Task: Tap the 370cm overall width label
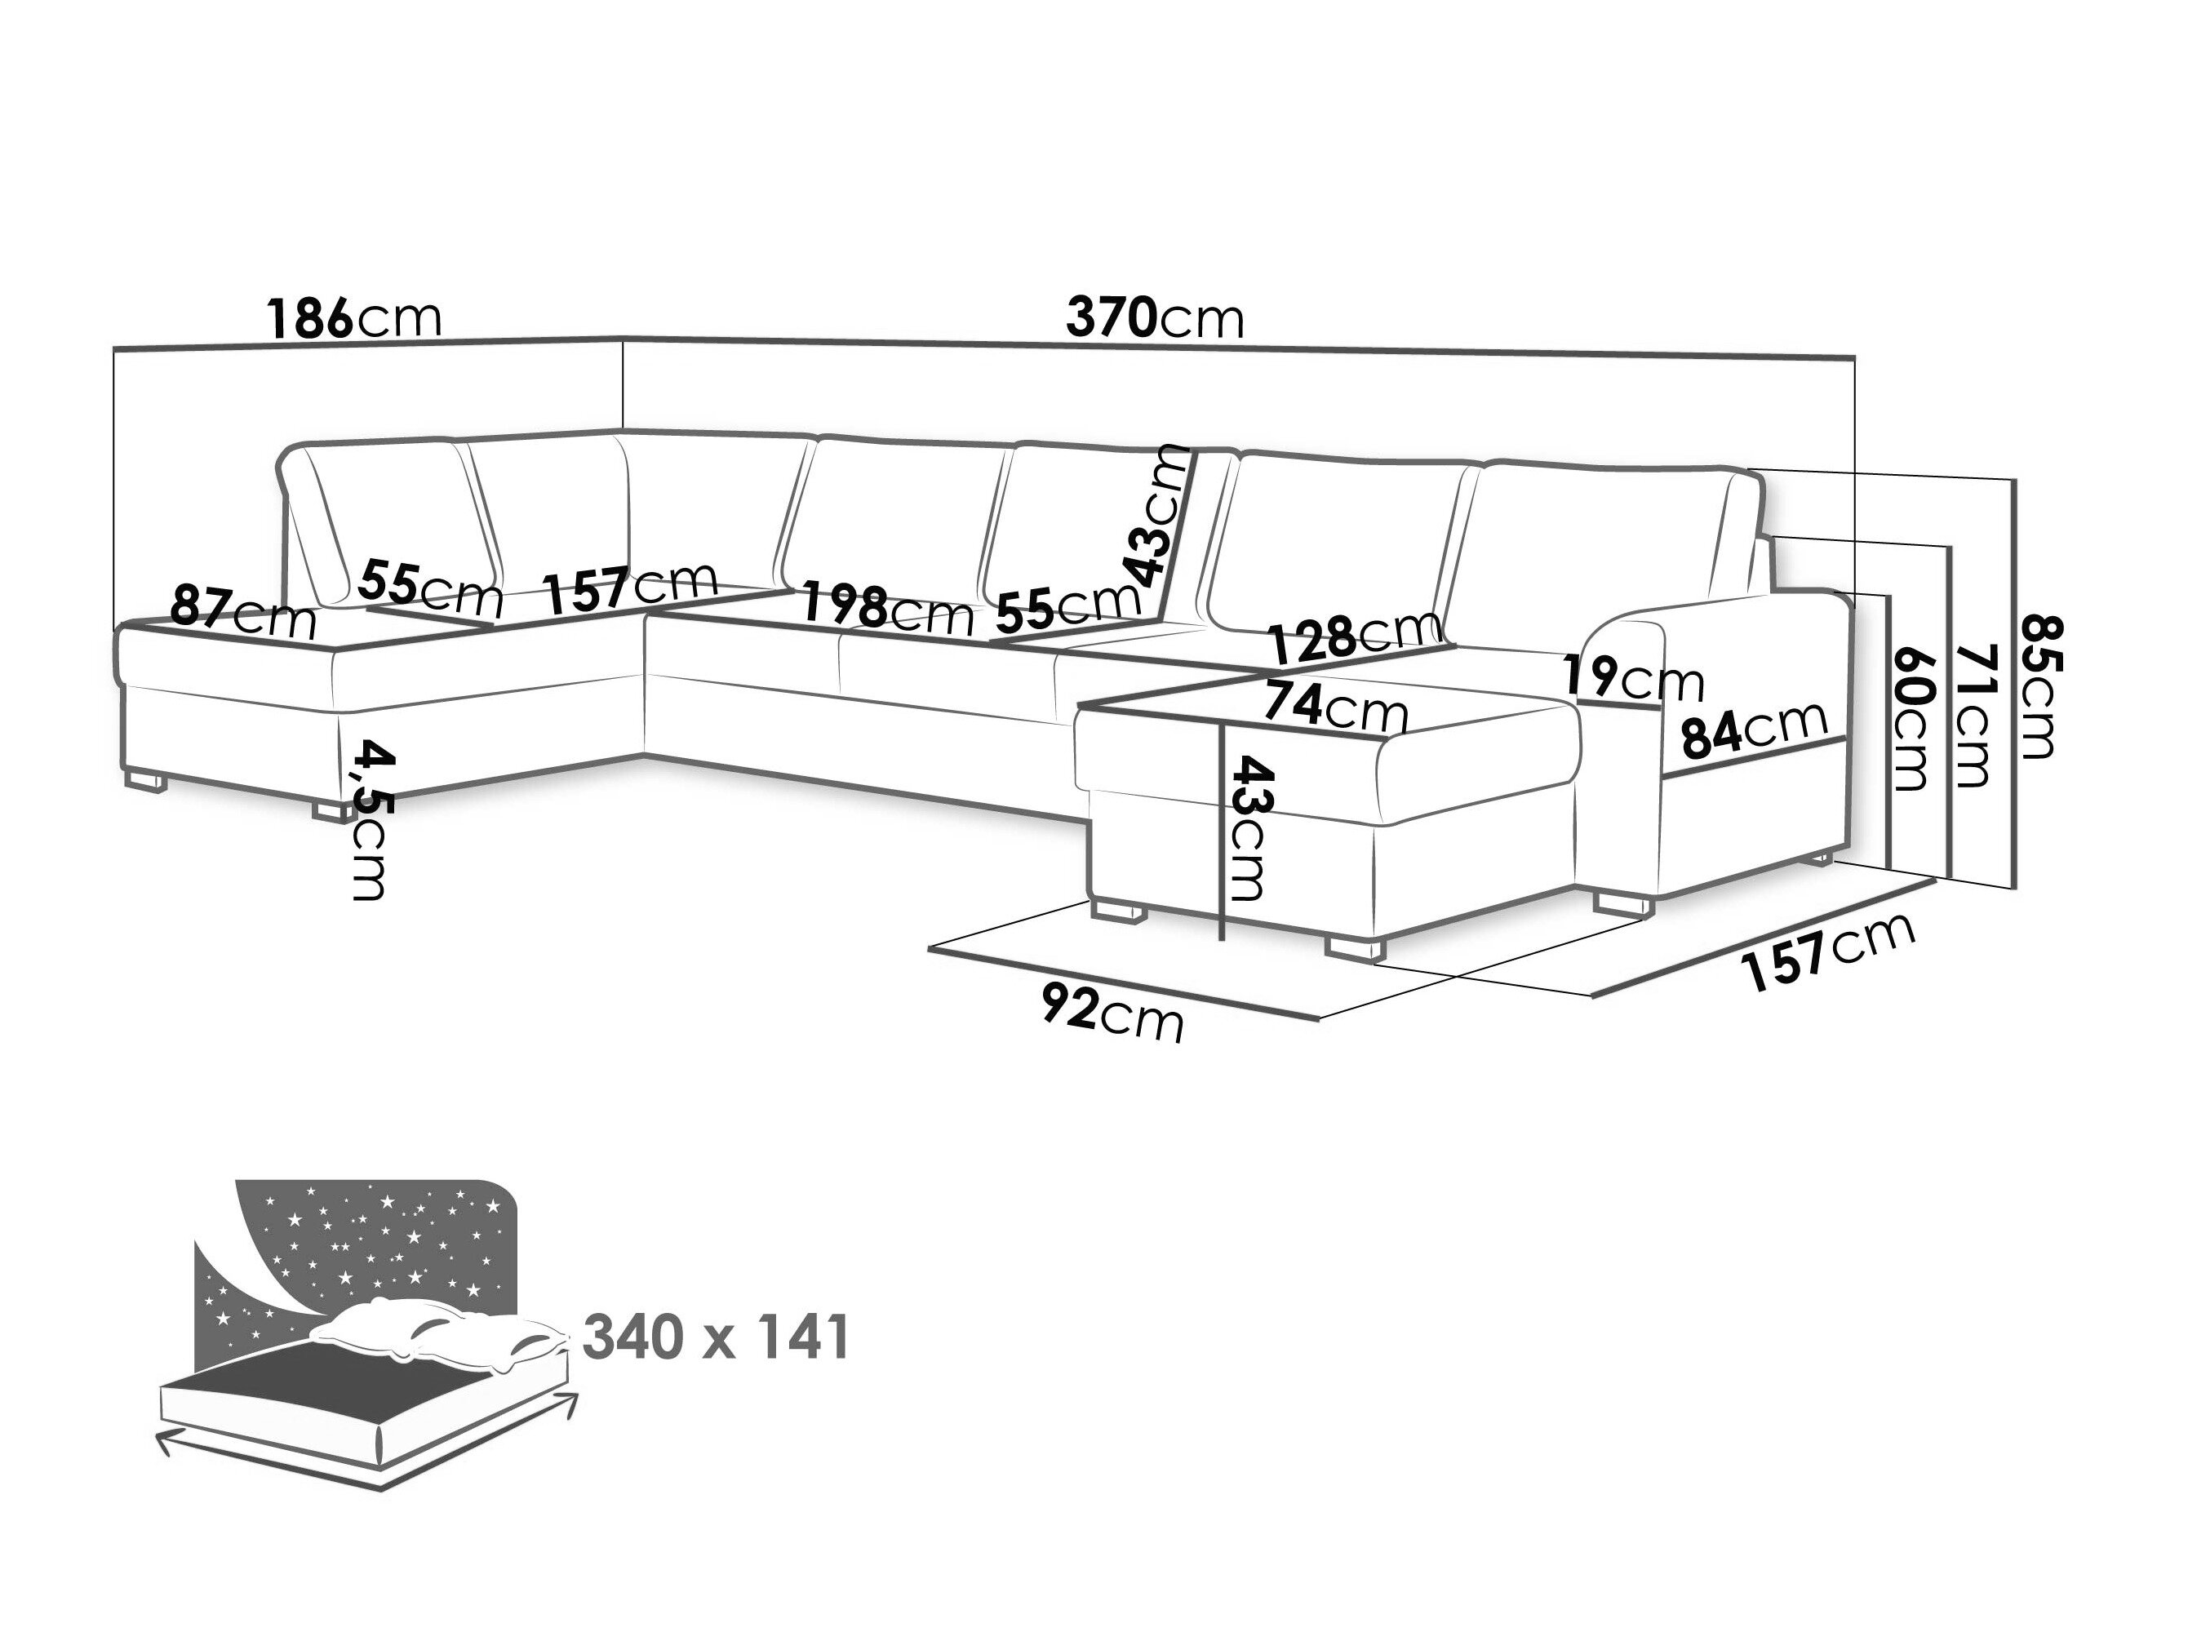[x=1153, y=318]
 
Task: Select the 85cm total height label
[x=2038, y=686]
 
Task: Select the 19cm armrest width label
[x=1633, y=679]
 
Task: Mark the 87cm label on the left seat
[x=243, y=612]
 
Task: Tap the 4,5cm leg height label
[x=370, y=820]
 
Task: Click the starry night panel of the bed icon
[x=376, y=1241]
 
